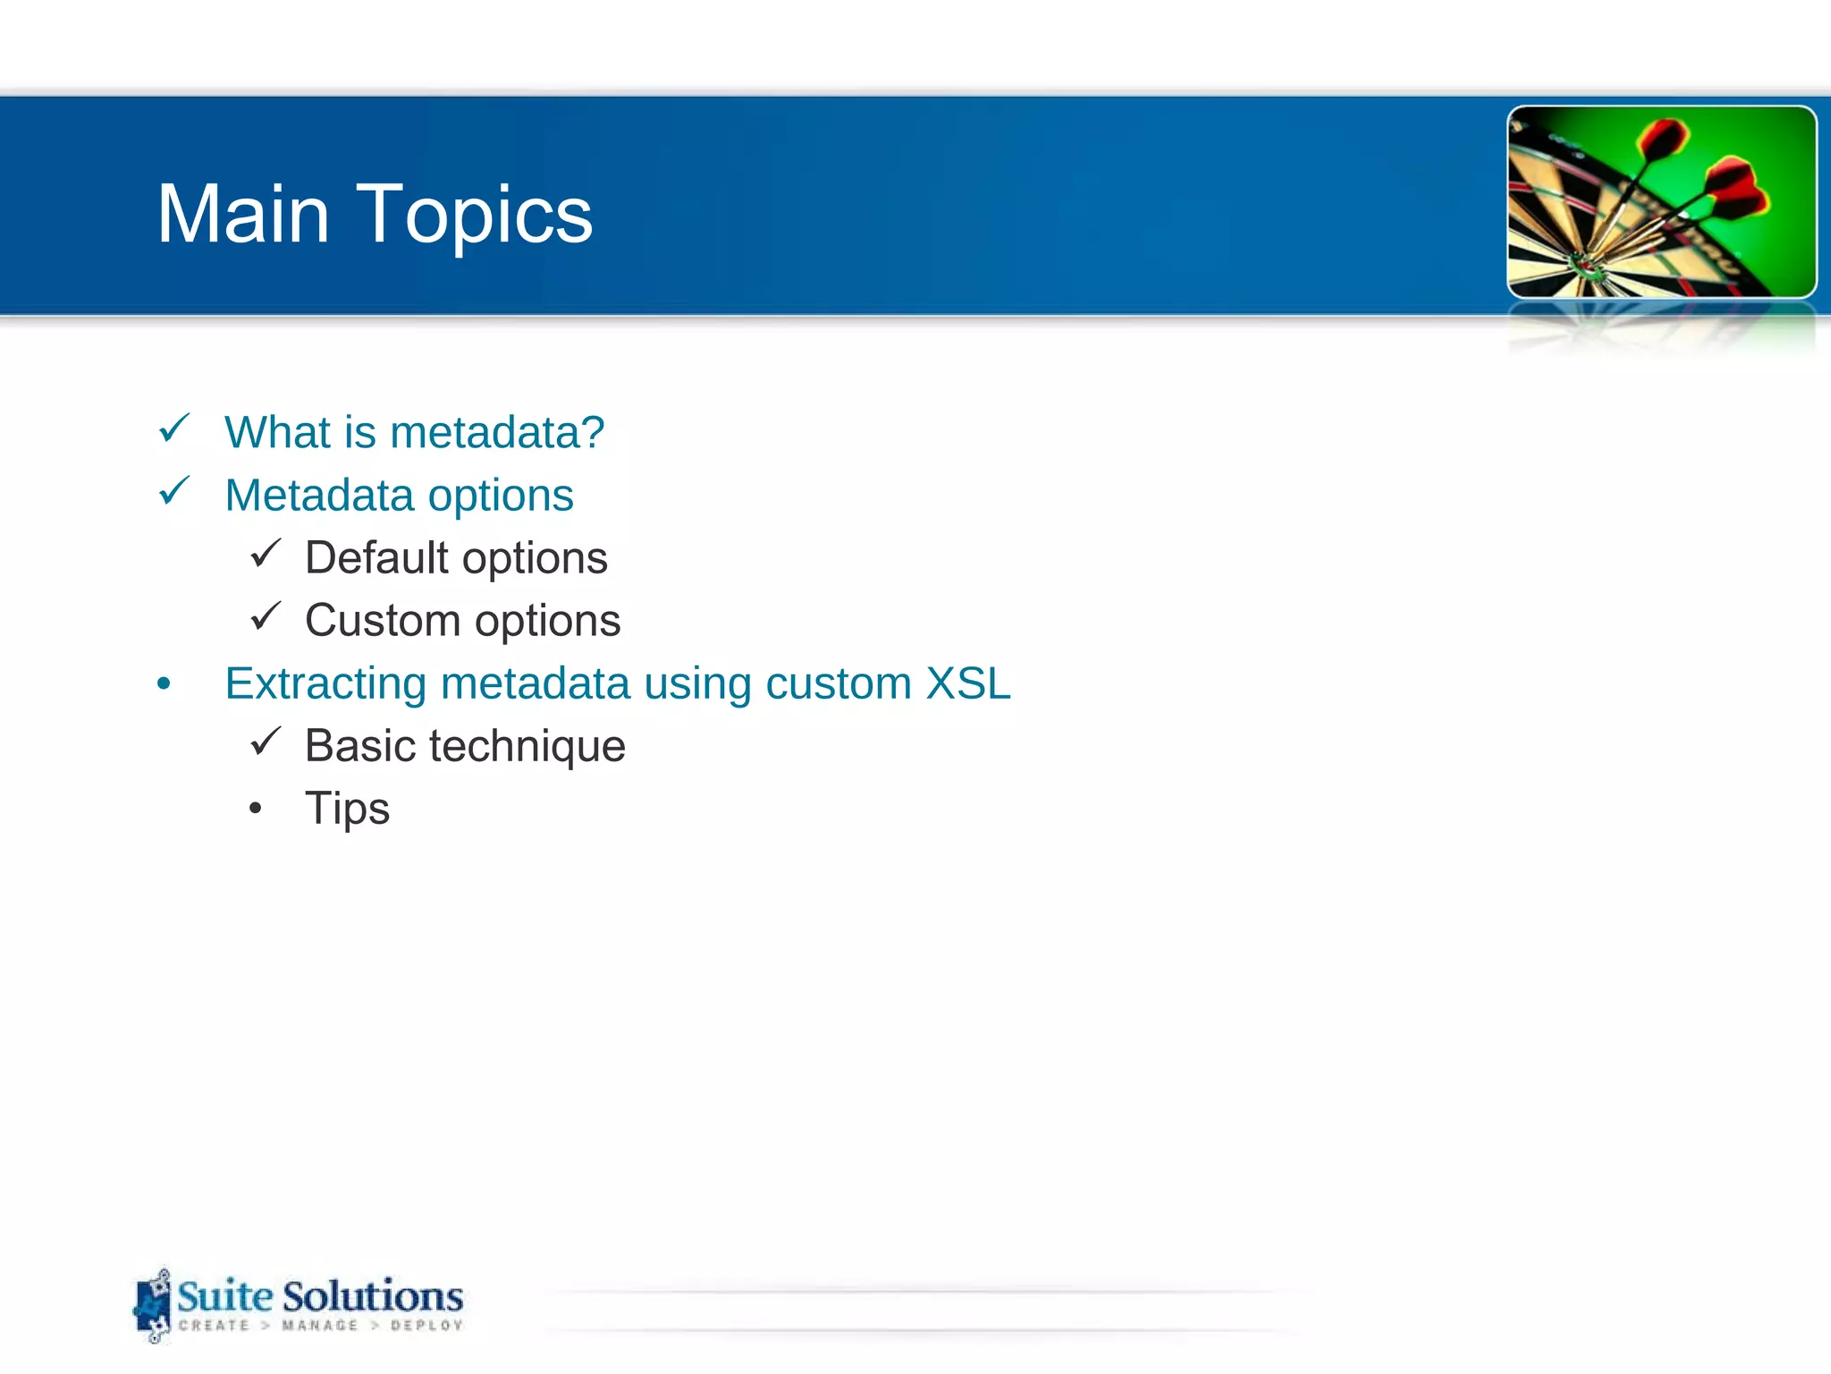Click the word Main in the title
coord(243,215)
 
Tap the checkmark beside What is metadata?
coord(173,428)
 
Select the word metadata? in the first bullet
coord(497,433)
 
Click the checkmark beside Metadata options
coord(173,491)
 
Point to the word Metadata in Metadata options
coord(319,496)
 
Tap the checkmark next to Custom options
coord(266,616)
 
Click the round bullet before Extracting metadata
coord(164,684)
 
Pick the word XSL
coord(968,683)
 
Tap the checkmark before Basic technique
coord(266,742)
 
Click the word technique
coord(527,747)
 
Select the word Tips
coord(347,809)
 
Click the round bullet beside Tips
coord(256,810)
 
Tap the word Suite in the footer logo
coord(224,1296)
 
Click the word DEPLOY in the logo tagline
coord(426,1326)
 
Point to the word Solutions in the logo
coord(373,1296)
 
